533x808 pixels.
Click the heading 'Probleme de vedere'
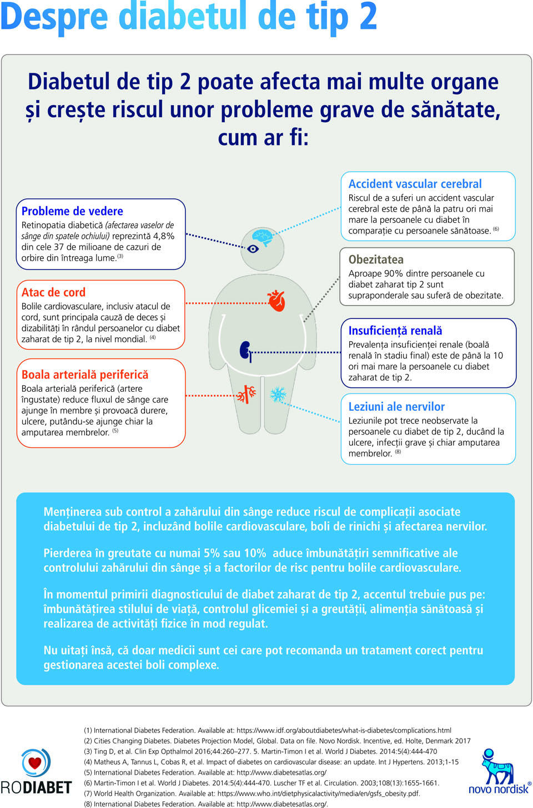click(x=72, y=211)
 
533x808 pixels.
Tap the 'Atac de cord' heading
click(x=53, y=292)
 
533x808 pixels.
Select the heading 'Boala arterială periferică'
click(x=84, y=375)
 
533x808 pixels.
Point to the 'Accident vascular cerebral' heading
click(x=415, y=184)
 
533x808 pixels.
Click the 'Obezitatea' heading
click(x=376, y=260)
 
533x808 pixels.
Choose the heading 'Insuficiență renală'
click(x=395, y=331)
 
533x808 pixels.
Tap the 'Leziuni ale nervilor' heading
click(x=396, y=407)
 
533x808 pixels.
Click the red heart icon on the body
click(x=276, y=300)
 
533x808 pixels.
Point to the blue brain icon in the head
click(x=262, y=237)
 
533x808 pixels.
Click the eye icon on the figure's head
click(x=253, y=249)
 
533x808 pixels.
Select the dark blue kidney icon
click(x=245, y=351)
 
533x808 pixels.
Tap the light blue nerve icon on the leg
click(x=278, y=395)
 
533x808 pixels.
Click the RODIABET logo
click(x=36, y=772)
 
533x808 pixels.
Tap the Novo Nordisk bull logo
click(x=498, y=772)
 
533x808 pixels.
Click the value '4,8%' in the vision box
click(x=164, y=236)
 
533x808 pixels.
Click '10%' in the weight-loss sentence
click(x=255, y=553)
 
